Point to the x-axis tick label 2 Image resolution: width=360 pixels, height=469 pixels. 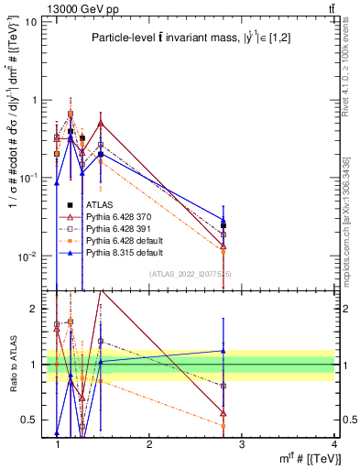point(149,444)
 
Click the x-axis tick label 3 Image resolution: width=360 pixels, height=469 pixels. point(242,444)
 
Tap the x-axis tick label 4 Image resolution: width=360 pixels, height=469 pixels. point(333,444)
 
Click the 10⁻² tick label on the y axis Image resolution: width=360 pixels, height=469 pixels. point(29,256)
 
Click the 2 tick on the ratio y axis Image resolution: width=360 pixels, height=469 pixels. point(35,309)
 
